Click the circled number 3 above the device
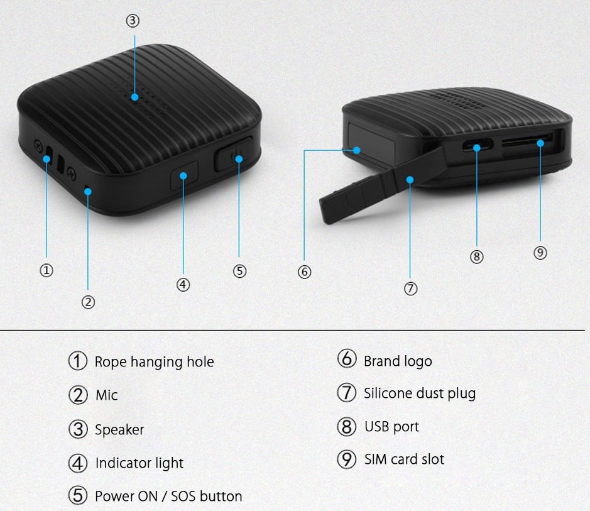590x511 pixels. (133, 20)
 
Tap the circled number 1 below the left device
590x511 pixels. (46, 270)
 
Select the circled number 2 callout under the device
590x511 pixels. (88, 302)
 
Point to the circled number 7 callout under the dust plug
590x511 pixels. (410, 288)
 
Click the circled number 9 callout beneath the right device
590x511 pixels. (540, 253)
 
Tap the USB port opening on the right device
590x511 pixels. (478, 145)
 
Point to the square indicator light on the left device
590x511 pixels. (184, 175)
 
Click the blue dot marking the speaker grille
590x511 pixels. (134, 97)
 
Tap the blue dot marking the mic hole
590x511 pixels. (88, 192)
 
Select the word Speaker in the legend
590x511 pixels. (119, 430)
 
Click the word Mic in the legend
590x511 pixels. (106, 395)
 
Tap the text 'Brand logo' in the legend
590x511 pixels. (398, 361)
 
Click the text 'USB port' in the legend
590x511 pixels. (391, 427)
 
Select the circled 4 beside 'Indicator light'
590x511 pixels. (78, 463)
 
